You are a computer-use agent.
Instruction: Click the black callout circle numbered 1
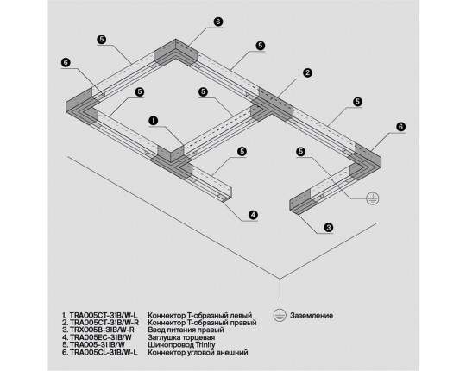click(x=154, y=121)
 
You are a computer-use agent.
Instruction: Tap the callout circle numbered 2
click(x=307, y=72)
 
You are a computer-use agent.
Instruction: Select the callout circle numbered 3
click(x=328, y=228)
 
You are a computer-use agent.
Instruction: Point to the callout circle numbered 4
click(x=253, y=215)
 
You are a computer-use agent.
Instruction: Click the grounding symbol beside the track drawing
click(x=373, y=198)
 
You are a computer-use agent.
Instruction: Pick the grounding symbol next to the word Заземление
click(x=280, y=315)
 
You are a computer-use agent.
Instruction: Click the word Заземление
click(x=312, y=315)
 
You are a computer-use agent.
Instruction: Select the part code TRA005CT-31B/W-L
click(x=104, y=315)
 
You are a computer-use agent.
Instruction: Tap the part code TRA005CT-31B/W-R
click(x=104, y=323)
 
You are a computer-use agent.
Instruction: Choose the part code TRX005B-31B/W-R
click(x=102, y=330)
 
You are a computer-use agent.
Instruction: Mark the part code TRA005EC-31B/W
click(x=101, y=337)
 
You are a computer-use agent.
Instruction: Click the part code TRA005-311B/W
click(x=98, y=344)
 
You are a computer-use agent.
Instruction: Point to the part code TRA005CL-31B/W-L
click(x=104, y=352)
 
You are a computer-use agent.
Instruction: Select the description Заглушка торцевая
click(x=181, y=337)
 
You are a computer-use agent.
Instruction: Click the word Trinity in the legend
click(x=205, y=345)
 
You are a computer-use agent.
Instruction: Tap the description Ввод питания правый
click(x=186, y=330)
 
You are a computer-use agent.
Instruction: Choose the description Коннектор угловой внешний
click(x=198, y=353)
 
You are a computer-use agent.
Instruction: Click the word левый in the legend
click(x=241, y=315)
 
